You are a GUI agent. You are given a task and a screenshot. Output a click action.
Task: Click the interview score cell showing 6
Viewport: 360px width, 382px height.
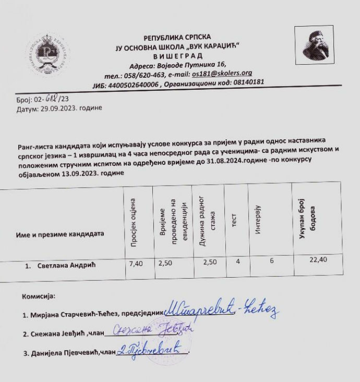click(x=272, y=261)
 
